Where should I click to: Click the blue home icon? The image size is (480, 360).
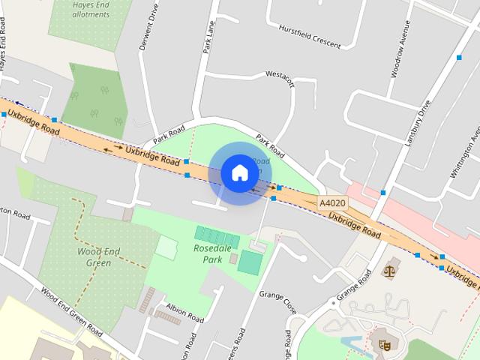click(239, 172)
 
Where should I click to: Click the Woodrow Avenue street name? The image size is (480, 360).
click(398, 54)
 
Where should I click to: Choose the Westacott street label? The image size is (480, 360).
click(280, 79)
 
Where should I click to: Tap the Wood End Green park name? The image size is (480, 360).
click(95, 256)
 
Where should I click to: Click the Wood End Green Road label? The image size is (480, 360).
click(71, 312)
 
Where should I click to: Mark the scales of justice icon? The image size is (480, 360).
click(389, 269)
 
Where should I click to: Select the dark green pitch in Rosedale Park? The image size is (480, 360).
click(250, 262)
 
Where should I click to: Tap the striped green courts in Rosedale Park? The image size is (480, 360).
click(217, 237)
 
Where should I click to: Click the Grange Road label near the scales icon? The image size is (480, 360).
click(354, 286)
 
